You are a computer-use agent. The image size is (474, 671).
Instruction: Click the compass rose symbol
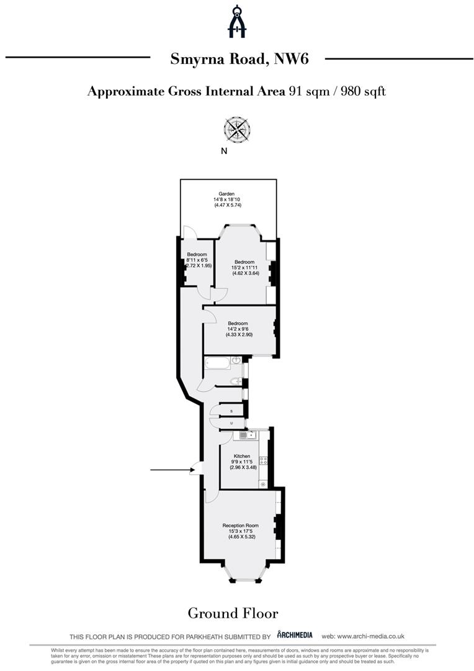point(237,129)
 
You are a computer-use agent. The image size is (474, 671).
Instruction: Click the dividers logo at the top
point(236,21)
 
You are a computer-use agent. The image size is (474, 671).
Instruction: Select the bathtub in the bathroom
point(218,364)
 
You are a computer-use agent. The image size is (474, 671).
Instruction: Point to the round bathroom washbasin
point(236,361)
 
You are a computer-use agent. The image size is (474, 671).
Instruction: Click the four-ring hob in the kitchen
point(264,460)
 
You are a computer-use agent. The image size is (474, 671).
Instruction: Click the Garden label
point(226,194)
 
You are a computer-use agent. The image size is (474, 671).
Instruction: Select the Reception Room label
point(240,526)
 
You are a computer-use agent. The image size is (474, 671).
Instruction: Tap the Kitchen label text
point(242,456)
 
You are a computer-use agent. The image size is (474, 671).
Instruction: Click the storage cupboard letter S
point(231,411)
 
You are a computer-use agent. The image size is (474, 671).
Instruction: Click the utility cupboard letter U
point(231,423)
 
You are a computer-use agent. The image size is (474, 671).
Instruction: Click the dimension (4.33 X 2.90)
point(239,335)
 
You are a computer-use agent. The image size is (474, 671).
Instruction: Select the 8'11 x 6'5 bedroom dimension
point(197,260)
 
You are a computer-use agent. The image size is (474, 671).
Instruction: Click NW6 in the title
point(291,58)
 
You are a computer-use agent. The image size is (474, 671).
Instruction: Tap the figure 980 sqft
point(363,91)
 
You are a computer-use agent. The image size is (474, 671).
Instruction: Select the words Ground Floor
point(233,613)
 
